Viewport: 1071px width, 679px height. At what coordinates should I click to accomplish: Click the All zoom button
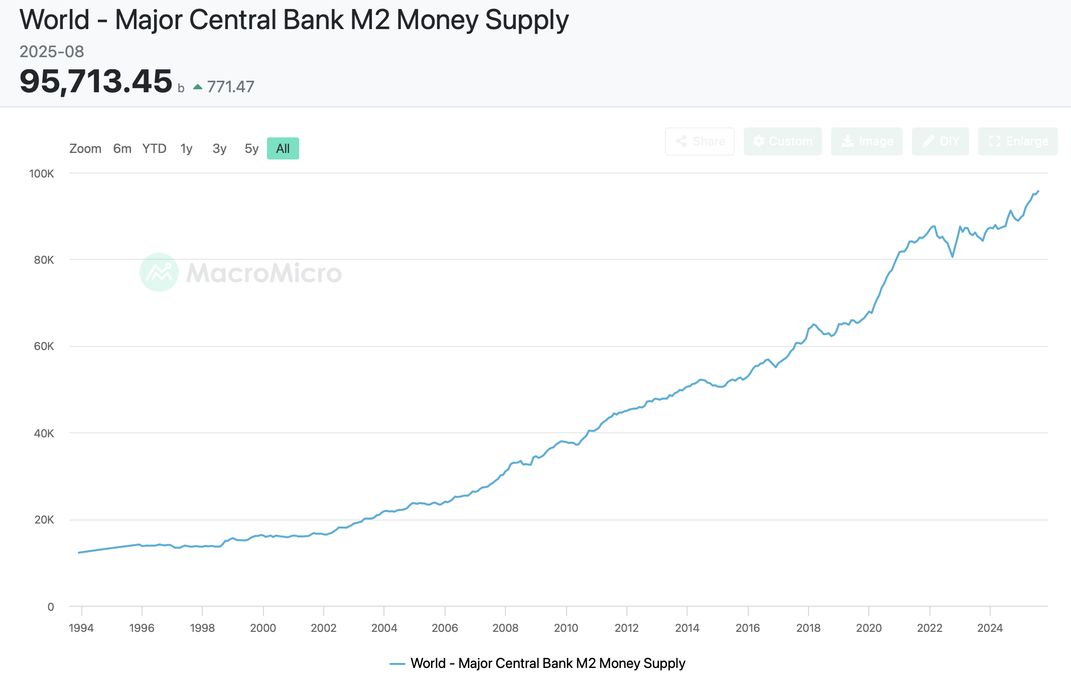pos(283,148)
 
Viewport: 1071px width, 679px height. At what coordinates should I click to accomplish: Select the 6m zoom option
pos(122,148)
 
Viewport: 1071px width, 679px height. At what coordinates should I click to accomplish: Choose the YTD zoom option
pos(154,148)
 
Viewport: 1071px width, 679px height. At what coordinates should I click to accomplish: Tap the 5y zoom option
pos(251,148)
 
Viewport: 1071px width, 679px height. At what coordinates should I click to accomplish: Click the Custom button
pos(782,141)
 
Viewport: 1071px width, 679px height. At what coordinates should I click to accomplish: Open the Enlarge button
pos(1018,141)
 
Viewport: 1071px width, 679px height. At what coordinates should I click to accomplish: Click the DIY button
pos(940,141)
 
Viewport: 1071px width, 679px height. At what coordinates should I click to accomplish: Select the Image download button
pos(867,141)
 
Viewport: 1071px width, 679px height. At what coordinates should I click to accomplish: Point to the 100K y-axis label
pos(42,174)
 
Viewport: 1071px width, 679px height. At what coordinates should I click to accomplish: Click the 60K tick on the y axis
pos(44,346)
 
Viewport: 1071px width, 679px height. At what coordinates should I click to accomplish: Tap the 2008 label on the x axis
pos(505,628)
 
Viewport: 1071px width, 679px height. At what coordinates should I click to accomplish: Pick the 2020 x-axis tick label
pos(869,628)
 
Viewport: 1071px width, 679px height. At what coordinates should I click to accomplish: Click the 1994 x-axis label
pos(81,628)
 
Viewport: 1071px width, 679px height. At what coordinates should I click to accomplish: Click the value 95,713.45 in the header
pos(96,81)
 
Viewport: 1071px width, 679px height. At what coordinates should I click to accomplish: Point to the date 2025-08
pos(52,51)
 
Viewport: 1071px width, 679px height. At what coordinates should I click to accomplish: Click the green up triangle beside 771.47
pos(198,87)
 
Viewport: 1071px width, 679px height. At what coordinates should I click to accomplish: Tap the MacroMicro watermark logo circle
pos(159,272)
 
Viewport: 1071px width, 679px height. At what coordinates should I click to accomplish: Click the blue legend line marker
pos(397,663)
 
